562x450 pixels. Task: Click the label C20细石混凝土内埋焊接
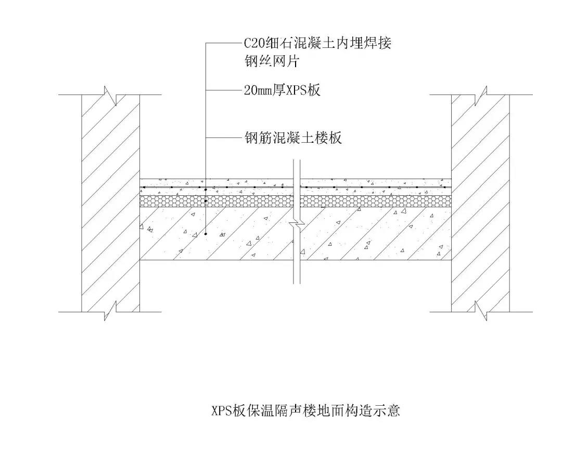tap(317, 43)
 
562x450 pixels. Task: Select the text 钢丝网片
tap(271, 61)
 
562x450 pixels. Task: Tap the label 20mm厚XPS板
tap(282, 90)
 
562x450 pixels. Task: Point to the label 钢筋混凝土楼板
tap(293, 138)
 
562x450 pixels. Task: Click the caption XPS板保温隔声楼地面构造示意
tap(305, 410)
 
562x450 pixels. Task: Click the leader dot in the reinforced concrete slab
tap(206, 234)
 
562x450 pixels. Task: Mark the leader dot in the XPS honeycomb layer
tap(206, 201)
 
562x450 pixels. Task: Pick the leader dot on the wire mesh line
tap(206, 189)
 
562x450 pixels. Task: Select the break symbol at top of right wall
tap(481, 95)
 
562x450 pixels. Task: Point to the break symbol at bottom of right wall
tap(481, 311)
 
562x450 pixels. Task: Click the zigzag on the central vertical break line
tap(297, 226)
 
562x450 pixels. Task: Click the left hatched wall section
tap(110, 203)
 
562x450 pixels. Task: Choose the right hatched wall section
tap(481, 203)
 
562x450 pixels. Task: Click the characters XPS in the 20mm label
tap(296, 90)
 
